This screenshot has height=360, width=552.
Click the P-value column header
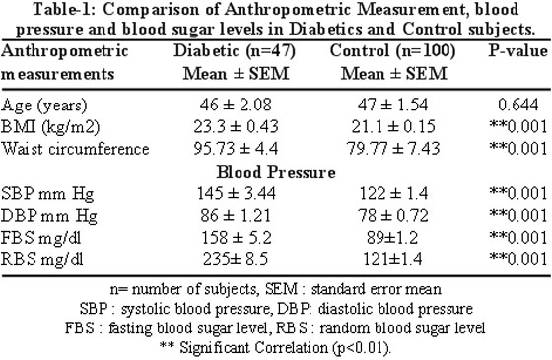click(517, 51)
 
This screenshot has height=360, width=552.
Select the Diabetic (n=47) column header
click(235, 51)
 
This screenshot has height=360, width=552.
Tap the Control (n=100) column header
click(393, 51)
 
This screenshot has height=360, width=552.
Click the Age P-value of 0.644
click(518, 105)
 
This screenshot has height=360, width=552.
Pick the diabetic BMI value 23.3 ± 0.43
click(236, 126)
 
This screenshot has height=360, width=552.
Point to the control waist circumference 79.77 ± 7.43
click(393, 148)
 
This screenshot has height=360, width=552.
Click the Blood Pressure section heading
click(276, 172)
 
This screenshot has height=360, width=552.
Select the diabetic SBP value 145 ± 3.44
click(236, 193)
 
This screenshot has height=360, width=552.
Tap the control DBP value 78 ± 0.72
click(393, 215)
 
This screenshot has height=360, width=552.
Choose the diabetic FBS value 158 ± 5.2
click(237, 237)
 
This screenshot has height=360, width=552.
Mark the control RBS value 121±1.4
click(392, 259)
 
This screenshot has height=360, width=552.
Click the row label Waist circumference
click(75, 149)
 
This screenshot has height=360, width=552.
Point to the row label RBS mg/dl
click(41, 260)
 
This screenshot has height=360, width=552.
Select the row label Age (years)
click(43, 106)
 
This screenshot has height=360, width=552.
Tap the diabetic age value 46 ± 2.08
click(236, 105)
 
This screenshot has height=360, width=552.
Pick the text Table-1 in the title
click(65, 9)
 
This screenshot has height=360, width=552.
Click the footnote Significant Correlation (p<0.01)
click(286, 348)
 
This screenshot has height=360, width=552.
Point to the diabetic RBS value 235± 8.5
click(236, 259)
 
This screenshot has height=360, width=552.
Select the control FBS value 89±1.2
click(392, 237)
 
